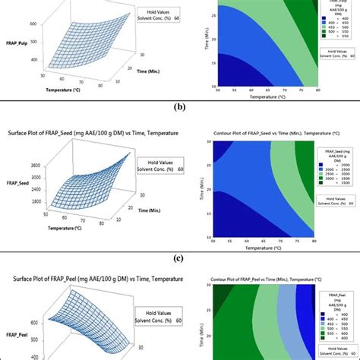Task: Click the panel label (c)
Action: [179, 256]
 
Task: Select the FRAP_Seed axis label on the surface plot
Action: [21, 183]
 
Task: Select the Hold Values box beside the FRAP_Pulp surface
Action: [161, 17]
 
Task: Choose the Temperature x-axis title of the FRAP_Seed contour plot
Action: [264, 247]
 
